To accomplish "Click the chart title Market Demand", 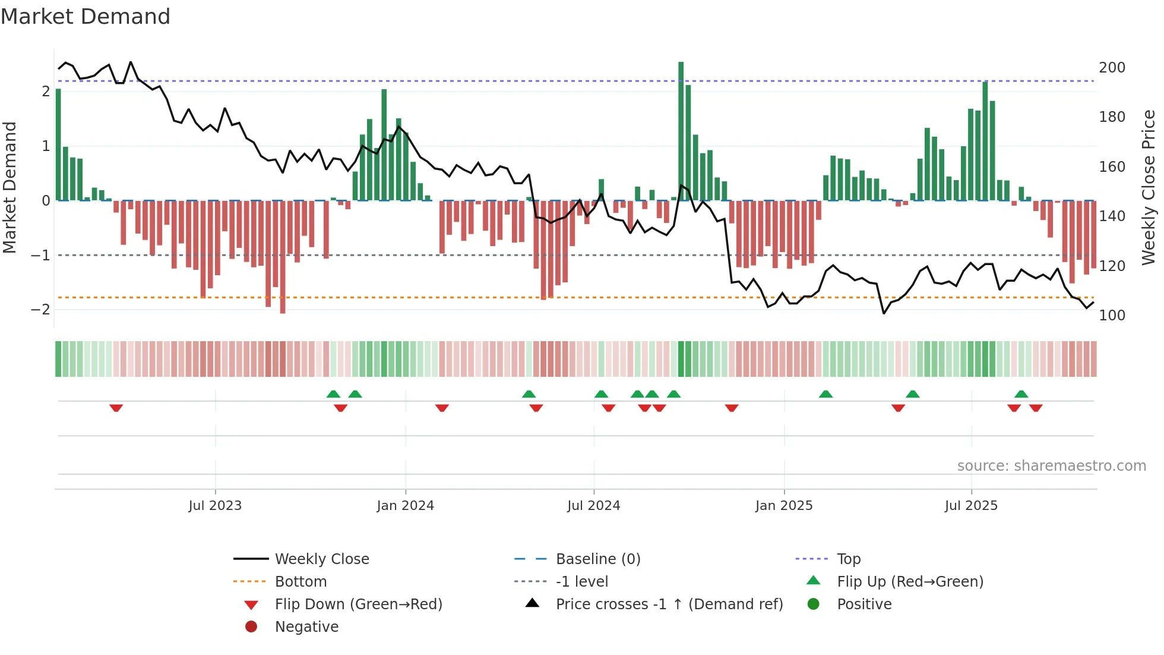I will click(86, 17).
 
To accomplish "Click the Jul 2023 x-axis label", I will click(215, 506).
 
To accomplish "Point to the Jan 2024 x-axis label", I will click(405, 506).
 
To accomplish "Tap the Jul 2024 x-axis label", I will click(593, 506).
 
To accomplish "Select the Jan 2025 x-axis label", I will click(784, 506).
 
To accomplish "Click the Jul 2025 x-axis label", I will click(971, 506).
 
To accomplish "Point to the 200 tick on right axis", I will click(1112, 68).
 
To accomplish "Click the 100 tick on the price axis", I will click(1112, 316).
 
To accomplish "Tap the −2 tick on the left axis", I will click(40, 310).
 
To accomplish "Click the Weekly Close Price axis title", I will click(1149, 187).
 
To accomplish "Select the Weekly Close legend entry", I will click(321, 559).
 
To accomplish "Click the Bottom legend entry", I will click(301, 582).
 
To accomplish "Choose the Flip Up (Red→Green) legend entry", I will click(910, 582).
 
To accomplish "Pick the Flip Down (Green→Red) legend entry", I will click(358, 604).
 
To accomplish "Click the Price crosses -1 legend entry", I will click(669, 604).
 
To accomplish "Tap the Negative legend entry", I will click(306, 627).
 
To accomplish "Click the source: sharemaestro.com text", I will click(1051, 466).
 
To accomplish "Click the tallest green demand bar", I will click(681, 131).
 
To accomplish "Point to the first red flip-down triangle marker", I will click(116, 408).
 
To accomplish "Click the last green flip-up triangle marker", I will click(1021, 394).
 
